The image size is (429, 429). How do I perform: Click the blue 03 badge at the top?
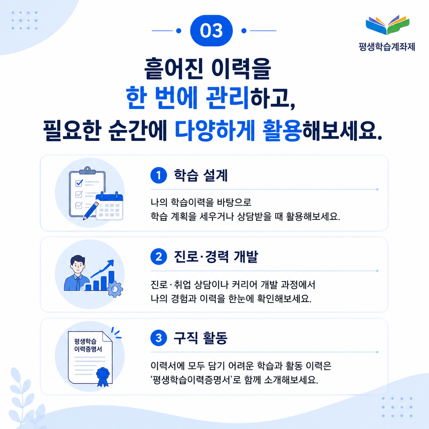tap(211, 31)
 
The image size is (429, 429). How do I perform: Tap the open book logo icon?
tap(387, 25)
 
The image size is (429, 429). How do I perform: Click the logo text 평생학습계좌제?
tap(387, 47)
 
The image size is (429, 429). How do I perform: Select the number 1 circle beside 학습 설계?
tap(158, 175)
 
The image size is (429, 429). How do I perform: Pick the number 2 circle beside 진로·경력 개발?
tap(158, 257)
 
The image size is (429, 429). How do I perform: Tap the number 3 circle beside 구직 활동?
tap(158, 338)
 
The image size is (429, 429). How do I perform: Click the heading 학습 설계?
tap(200, 175)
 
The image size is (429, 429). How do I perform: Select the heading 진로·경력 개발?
tap(216, 257)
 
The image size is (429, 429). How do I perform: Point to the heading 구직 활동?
tap(200, 338)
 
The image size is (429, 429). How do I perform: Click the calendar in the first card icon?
tap(109, 206)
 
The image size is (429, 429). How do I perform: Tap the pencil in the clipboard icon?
tap(91, 211)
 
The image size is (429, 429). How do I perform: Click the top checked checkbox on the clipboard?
tap(79, 183)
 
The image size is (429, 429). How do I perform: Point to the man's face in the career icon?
tap(77, 266)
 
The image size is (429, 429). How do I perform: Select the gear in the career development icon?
tap(115, 289)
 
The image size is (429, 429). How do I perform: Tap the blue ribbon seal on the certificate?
tap(103, 377)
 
